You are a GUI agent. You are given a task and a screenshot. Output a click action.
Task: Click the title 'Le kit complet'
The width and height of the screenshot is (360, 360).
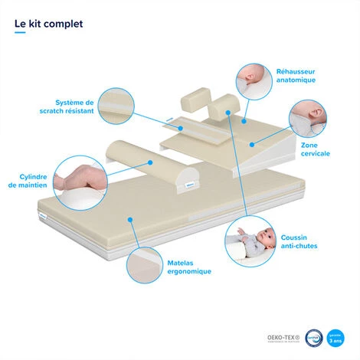(49, 23)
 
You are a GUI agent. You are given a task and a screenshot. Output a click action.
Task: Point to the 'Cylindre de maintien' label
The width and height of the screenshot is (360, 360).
(28, 180)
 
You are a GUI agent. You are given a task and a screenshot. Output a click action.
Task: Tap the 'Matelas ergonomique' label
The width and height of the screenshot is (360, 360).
(189, 267)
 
